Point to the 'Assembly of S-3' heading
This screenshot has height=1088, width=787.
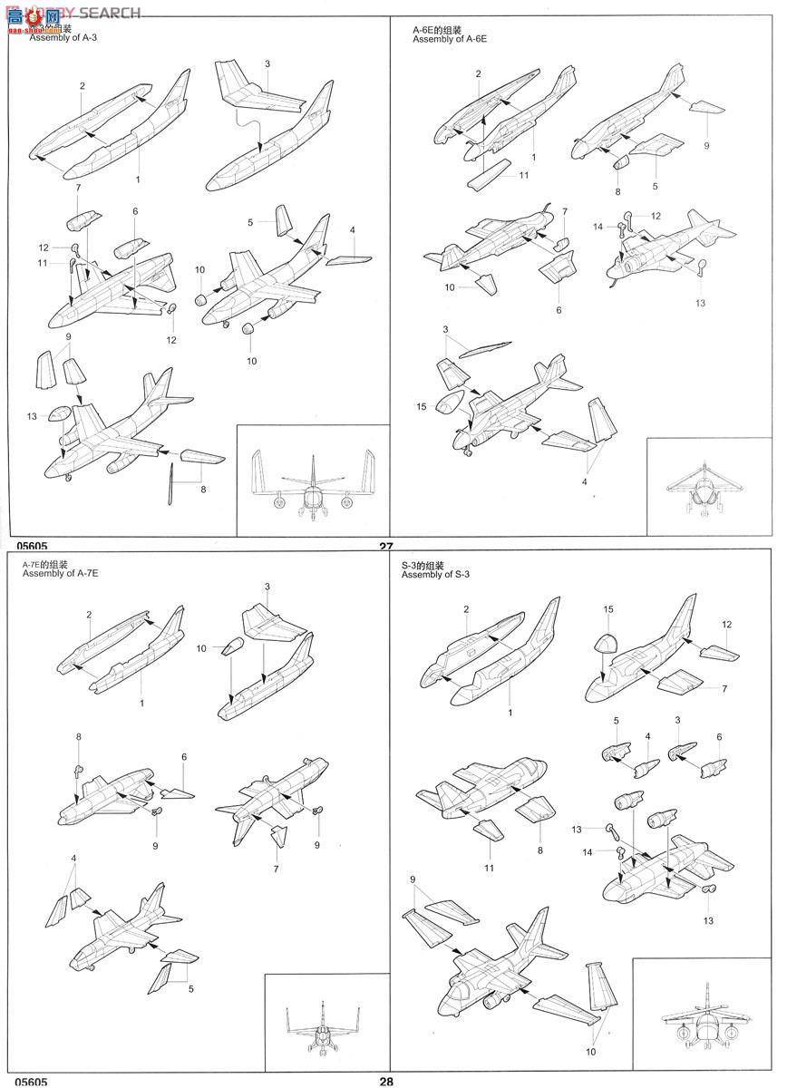coord(436,575)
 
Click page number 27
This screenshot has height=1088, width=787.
coord(386,547)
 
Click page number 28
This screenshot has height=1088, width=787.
coord(386,1081)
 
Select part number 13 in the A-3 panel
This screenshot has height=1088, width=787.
coord(32,416)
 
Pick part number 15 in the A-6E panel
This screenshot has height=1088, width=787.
coord(421,406)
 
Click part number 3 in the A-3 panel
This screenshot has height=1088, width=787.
coord(267,63)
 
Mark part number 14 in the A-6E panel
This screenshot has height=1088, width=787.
coord(597,225)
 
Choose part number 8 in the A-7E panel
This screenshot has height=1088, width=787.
coord(79,736)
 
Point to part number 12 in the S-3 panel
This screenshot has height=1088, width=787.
coord(726,625)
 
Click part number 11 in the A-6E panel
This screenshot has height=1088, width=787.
coord(524,175)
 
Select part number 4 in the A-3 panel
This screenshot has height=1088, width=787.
coord(352,229)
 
